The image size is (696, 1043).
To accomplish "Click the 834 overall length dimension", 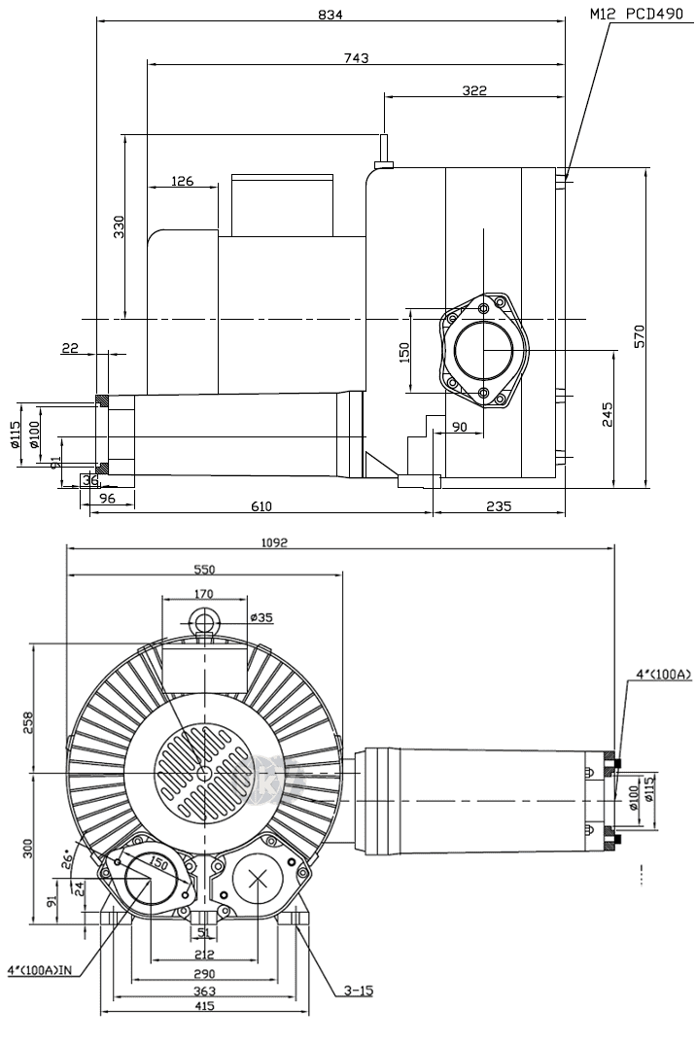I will (331, 14).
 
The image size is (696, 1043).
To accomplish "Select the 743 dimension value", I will (357, 58).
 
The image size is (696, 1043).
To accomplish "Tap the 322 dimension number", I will (474, 90).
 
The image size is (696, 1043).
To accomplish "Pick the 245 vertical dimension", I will (608, 415).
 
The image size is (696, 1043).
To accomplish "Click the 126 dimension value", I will (182, 181).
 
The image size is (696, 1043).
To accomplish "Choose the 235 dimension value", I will (500, 505).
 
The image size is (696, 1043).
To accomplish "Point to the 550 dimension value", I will (204, 570).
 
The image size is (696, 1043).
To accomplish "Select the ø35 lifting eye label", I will (261, 617).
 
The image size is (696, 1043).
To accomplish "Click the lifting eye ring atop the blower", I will (204, 619).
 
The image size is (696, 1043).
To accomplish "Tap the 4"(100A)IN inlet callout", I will (43, 970).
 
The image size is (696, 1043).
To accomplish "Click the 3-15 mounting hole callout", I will (358, 991).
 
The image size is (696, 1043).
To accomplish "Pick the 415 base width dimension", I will (204, 1008).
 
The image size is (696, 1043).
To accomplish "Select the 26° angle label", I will (67, 858).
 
